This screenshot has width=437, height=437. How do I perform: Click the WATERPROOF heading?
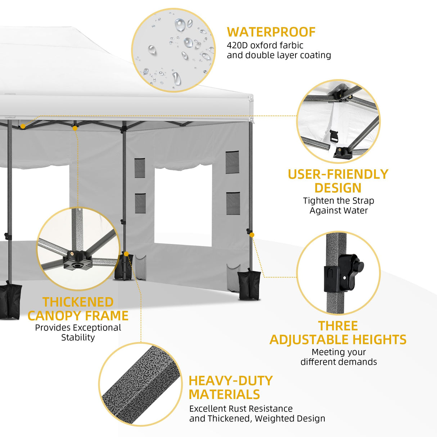pos(271,32)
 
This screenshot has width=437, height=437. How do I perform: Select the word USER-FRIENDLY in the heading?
pos(338,174)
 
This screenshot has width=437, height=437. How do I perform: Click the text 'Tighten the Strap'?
pos(339,201)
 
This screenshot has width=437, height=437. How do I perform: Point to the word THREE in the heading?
pos(338,326)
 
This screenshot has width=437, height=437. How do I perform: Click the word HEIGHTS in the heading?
pos(379,339)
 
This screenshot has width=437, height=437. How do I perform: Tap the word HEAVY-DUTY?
pos(231,381)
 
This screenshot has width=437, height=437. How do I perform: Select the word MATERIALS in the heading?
pos(224,395)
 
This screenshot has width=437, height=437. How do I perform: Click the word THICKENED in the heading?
pos(78,302)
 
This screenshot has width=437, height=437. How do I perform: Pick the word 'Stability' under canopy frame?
pos(78,337)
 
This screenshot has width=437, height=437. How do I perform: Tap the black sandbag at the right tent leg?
pos(249,284)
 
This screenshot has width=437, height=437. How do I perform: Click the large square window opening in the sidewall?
pos(183,206)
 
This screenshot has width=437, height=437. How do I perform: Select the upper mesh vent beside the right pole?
pos(232,162)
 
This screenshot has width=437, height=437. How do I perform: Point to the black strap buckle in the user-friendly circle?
pos(334,136)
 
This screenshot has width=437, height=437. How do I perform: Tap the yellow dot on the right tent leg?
pos(252,235)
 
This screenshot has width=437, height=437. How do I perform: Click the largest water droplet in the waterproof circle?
pos(180,25)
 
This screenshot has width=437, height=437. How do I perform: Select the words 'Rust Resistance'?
pos(260,409)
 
